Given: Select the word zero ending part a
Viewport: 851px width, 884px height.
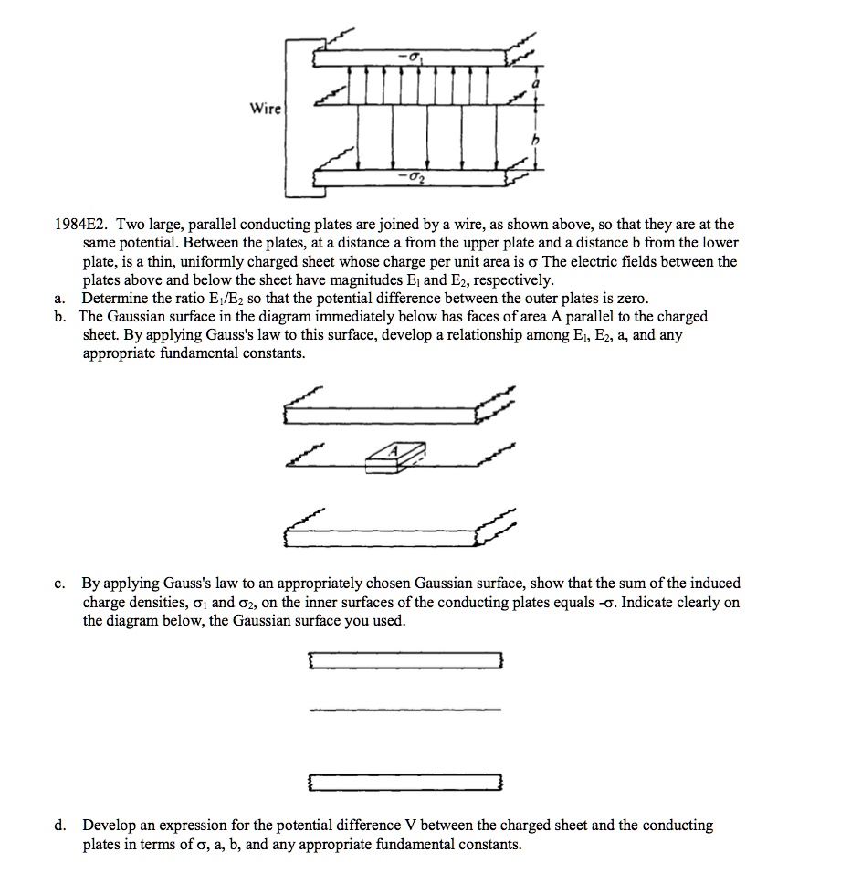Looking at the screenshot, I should [630, 299].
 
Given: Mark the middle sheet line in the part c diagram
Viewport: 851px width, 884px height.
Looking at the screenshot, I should [405, 710].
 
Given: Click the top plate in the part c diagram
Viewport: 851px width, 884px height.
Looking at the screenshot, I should [405, 660].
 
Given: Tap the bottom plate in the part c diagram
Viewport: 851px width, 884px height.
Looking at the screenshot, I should [405, 783].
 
